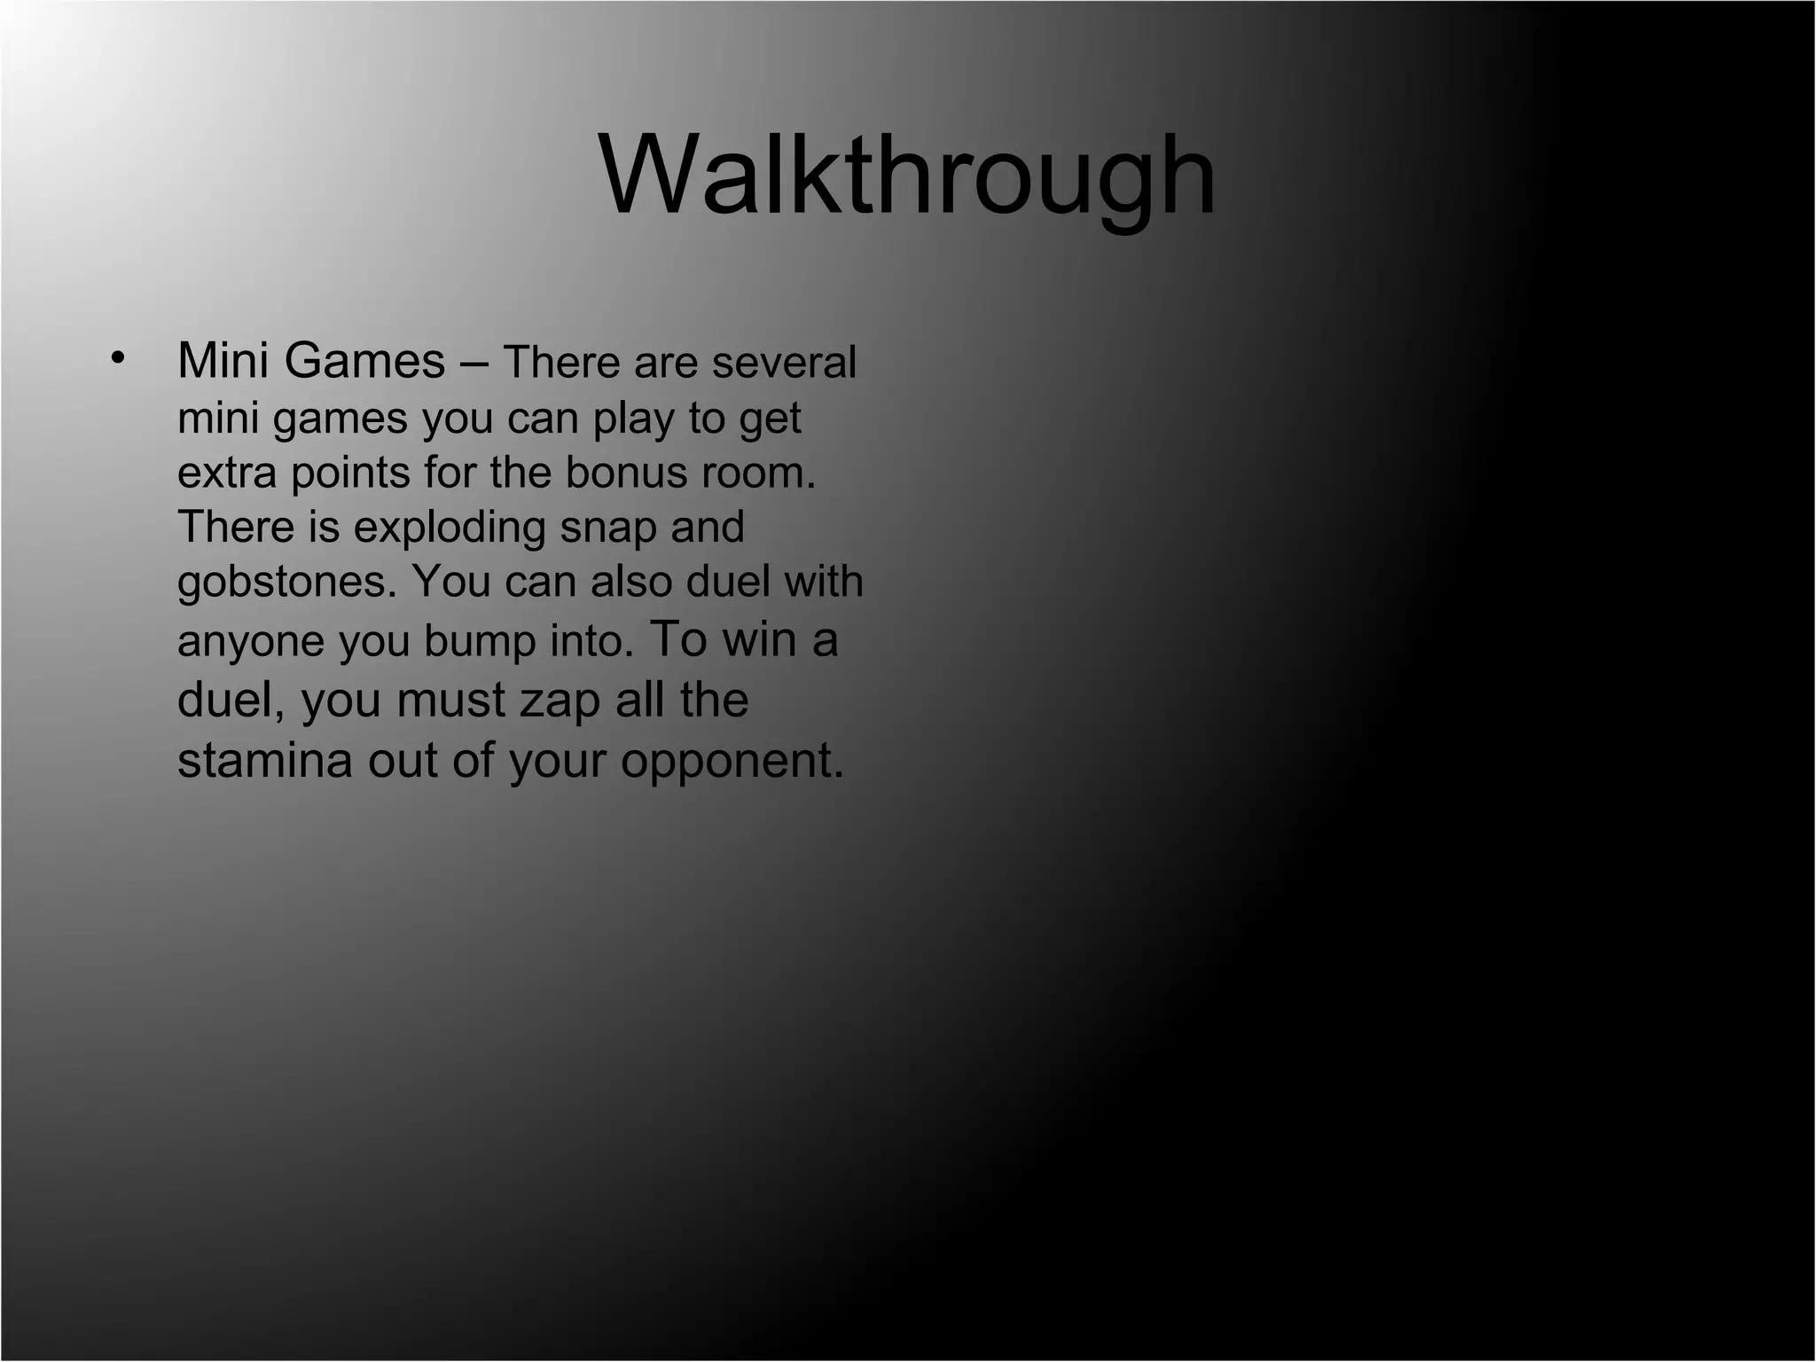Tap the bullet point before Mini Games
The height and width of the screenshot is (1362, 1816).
pyautogui.click(x=117, y=357)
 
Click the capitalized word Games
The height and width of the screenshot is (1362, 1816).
pyautogui.click(x=364, y=361)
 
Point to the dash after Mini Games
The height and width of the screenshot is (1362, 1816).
pyautogui.click(x=474, y=363)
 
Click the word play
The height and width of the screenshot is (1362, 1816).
pyautogui.click(x=633, y=418)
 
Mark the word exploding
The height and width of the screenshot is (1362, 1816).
pyautogui.click(x=450, y=527)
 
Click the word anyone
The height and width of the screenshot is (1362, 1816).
pyautogui.click(x=251, y=640)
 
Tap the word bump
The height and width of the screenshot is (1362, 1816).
pyautogui.click(x=480, y=640)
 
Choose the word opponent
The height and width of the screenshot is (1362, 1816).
pyautogui.click(x=732, y=761)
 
